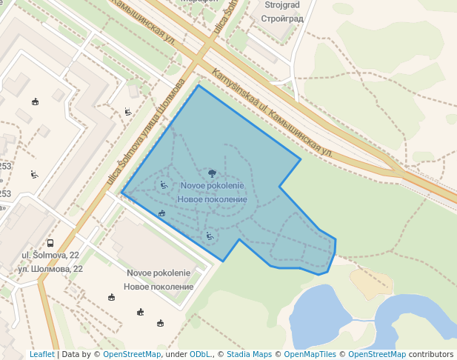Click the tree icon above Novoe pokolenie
pyautogui.click(x=213, y=173)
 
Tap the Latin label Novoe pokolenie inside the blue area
pyautogui.click(x=213, y=185)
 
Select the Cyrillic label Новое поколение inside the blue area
pyautogui.click(x=213, y=200)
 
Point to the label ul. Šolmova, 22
pyautogui.click(x=50, y=255)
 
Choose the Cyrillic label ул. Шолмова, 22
pyautogui.click(x=50, y=268)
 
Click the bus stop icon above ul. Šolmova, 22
pyautogui.click(x=50, y=243)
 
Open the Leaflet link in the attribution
pyautogui.click(x=42, y=355)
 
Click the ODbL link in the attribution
pyautogui.click(x=200, y=355)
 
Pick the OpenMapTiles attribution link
pyautogui.click(x=310, y=355)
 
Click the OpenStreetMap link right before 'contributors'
pyautogui.click(x=376, y=355)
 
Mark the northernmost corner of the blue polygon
pyautogui.click(x=199, y=85)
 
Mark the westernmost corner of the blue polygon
pyautogui.click(x=121, y=194)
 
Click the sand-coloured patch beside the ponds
pyautogui.click(x=371, y=284)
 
